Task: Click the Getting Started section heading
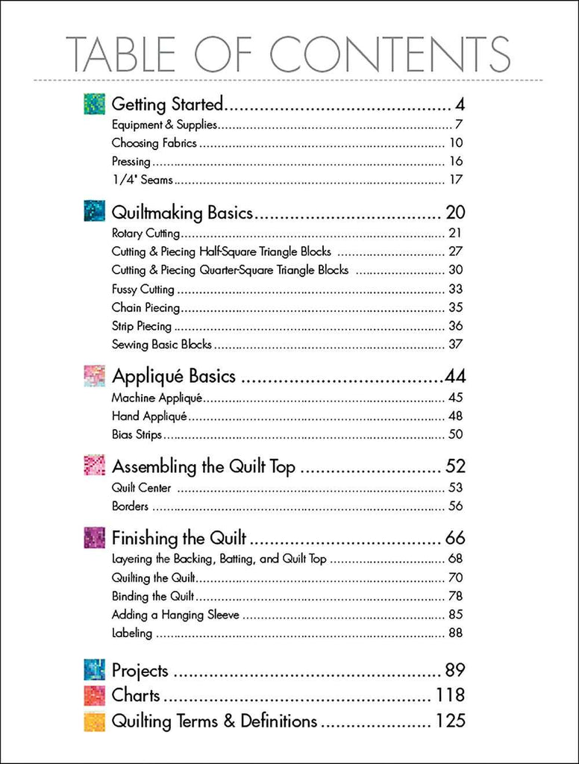pos(167,104)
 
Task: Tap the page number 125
pos(451,721)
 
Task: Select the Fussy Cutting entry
pos(143,289)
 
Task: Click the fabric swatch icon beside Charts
pos(94,696)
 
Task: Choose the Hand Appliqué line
pos(149,416)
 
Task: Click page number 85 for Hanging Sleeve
pos(456,615)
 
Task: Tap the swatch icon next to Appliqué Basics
pos(94,376)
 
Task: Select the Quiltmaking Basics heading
pos(182,213)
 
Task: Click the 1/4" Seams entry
pos(142,180)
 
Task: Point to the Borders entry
pos(130,507)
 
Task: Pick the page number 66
pos(455,538)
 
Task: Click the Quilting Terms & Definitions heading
pos(214,721)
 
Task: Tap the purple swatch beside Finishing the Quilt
pos(94,538)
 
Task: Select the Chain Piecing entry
pos(145,307)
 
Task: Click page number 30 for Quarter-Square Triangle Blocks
pos(456,270)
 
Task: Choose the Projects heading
pos(140,671)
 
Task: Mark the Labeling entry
pos(132,633)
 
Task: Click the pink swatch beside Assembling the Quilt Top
pos(94,466)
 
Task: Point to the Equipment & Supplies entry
pos(164,125)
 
